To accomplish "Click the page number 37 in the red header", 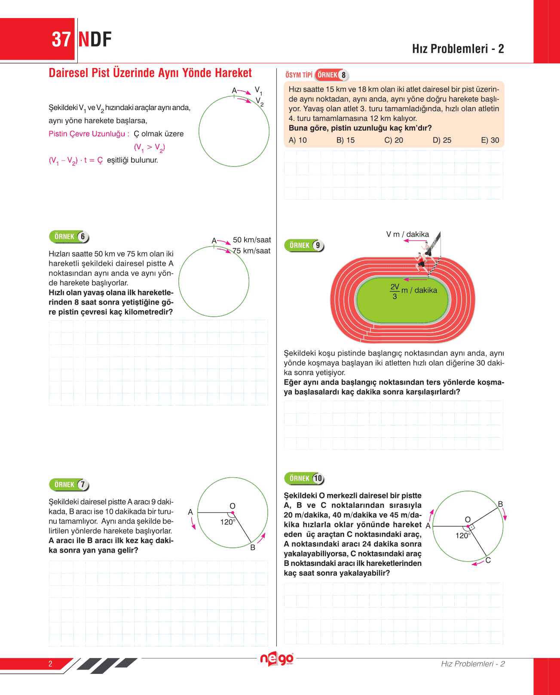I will [61, 40].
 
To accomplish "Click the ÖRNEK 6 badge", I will [69, 237].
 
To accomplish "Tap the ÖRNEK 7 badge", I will [69, 485].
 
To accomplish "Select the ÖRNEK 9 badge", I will [304, 245].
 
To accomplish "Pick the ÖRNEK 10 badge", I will [304, 478].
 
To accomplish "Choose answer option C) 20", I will [394, 140].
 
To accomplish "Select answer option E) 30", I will [490, 140].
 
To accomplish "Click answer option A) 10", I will [298, 140].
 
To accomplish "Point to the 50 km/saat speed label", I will [252, 240].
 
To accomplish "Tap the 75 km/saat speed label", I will [252, 251].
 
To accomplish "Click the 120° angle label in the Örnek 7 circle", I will [228, 522].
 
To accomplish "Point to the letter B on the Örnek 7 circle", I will [253, 547].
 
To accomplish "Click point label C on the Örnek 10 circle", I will [488, 560].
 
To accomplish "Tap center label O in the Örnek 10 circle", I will [468, 519].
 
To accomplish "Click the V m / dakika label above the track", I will [407, 235].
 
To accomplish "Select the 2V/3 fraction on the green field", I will [395, 291].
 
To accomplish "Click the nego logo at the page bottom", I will [277, 659].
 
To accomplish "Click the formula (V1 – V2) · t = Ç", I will [76, 161].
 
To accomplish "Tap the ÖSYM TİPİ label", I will [299, 75].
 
